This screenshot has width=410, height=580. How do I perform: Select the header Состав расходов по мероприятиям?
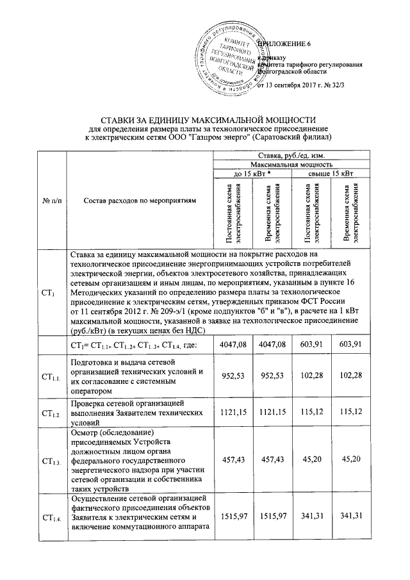pyautogui.click(x=140, y=201)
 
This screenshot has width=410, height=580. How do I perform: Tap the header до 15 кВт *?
pyautogui.click(x=251, y=174)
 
